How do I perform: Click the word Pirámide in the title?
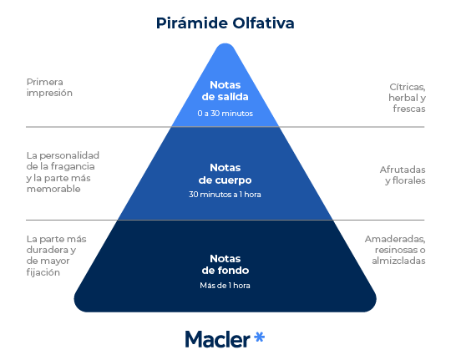pos(191,23)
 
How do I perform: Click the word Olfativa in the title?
pos(263,23)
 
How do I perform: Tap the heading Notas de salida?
pos(225,91)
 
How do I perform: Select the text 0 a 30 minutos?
pos(225,114)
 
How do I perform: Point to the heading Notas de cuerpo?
pos(225,174)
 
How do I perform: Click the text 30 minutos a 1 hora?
pos(225,195)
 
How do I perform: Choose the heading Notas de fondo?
pos(225,265)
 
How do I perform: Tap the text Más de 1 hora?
pos(225,286)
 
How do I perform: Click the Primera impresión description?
pos(49,88)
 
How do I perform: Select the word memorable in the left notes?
pos(53,189)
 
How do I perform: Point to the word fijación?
pos(43,272)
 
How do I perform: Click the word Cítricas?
pos(408,87)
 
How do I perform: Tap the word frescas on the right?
pos(409,109)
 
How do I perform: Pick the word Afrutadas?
pos(403,170)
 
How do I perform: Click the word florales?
pos(409,180)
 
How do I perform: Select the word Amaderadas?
pos(395,239)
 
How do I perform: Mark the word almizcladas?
pos(398,261)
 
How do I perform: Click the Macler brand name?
pos(217,339)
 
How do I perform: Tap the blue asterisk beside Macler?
pos(259,337)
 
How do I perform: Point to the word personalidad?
pos(69,155)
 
